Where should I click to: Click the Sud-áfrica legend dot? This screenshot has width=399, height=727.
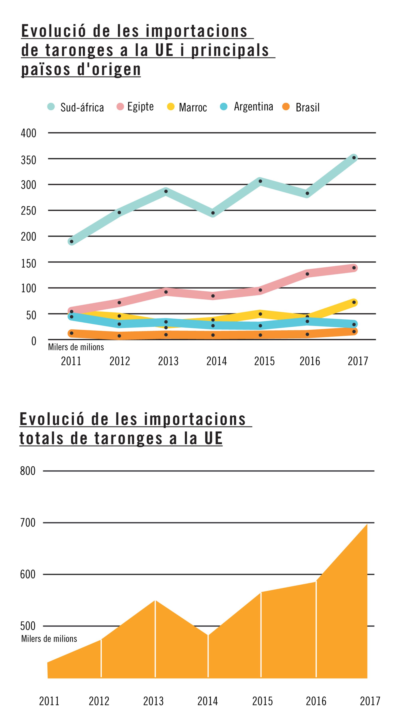pyautogui.click(x=51, y=107)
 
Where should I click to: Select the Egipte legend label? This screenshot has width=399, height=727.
pyautogui.click(x=140, y=107)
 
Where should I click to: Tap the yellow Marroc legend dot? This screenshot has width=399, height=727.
pyautogui.click(x=171, y=107)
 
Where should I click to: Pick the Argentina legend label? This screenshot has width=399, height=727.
pyautogui.click(x=253, y=107)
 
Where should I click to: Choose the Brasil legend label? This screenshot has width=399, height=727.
pyautogui.click(x=308, y=108)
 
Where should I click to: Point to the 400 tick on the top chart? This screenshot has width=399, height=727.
pyautogui.click(x=29, y=133)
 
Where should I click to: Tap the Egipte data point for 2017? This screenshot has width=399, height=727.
pyautogui.click(x=354, y=268)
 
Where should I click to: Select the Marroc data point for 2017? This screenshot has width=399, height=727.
pyautogui.click(x=354, y=302)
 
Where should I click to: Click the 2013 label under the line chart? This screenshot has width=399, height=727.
pyautogui.click(x=168, y=361)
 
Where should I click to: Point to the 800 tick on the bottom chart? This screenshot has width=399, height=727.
pyautogui.click(x=28, y=471)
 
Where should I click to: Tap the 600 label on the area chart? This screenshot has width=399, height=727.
pyautogui.click(x=28, y=575)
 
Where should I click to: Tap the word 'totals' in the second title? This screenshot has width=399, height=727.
pyautogui.click(x=41, y=438)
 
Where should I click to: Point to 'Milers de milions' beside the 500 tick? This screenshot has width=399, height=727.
pyautogui.click(x=49, y=639)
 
